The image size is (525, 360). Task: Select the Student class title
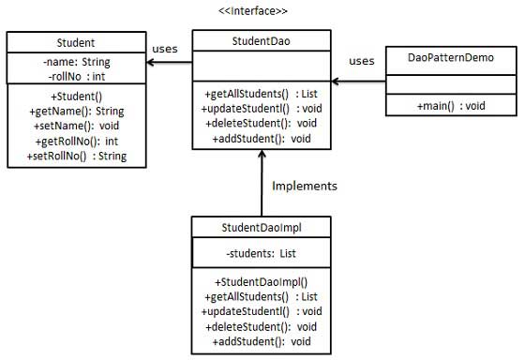click(76, 42)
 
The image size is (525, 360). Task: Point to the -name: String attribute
click(76, 61)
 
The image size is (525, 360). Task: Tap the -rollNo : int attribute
click(75, 75)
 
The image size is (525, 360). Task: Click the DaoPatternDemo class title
click(450, 57)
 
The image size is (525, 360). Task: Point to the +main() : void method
click(449, 105)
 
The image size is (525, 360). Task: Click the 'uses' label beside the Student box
click(165, 50)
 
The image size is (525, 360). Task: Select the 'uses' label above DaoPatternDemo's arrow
click(362, 61)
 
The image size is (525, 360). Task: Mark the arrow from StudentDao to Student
click(170, 64)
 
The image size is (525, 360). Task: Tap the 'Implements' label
click(304, 186)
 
